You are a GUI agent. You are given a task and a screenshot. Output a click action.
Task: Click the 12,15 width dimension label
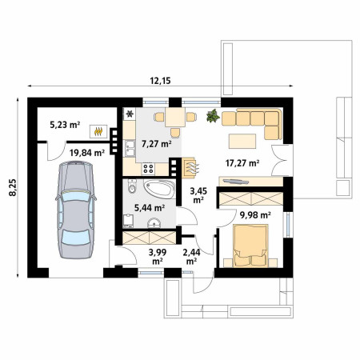coord(160,81)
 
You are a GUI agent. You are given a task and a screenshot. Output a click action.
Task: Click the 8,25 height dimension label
coord(13,188)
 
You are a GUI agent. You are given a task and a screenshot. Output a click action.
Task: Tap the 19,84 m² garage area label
coord(87,153)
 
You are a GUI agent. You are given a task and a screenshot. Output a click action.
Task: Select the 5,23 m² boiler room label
coord(65,124)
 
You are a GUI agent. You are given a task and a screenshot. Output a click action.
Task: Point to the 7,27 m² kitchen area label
coord(157,144)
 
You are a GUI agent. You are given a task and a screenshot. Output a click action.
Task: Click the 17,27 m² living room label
coord(242,163)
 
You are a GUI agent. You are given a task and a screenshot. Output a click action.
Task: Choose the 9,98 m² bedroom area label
coord(255,215)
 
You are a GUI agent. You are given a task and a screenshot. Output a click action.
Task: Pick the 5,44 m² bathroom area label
coord(150,208)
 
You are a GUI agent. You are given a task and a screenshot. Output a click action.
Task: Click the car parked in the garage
coord(76,210)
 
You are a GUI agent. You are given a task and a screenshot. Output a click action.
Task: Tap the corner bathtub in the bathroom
coord(159,189)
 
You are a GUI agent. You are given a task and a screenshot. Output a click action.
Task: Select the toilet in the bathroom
coord(132,186)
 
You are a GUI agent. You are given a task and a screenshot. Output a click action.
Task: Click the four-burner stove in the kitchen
coord(148,169)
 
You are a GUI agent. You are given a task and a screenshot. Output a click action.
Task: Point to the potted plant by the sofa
coord(213,116)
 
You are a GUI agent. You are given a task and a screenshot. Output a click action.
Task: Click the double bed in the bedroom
coord(250,246)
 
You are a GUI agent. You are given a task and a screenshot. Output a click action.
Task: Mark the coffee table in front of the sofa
coord(242,141)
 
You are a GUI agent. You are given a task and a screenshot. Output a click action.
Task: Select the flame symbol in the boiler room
coord(98,131)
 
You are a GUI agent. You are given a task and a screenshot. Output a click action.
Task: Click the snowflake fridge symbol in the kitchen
coord(130,114)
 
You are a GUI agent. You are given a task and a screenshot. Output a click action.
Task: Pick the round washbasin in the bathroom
coord(154,222)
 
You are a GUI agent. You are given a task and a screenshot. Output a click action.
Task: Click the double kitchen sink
coord(130,148)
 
